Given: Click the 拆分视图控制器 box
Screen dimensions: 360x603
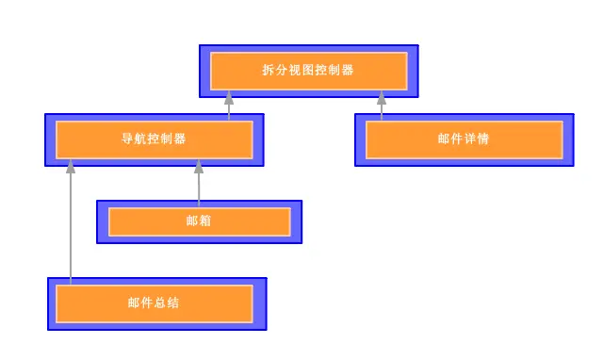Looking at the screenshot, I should [x=308, y=71].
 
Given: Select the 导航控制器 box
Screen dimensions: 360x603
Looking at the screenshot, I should [x=155, y=139].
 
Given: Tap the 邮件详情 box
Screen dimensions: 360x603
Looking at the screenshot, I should [x=464, y=139].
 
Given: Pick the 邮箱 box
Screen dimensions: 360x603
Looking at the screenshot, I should [x=199, y=221].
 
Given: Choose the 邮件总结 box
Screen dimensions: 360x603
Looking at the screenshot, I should [x=155, y=303].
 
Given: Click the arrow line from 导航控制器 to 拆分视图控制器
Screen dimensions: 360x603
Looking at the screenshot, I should [x=229, y=107].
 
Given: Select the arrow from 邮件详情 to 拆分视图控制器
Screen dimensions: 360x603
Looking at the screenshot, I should [x=382, y=107].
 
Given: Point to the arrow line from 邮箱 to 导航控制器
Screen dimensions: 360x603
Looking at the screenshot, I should [x=199, y=185].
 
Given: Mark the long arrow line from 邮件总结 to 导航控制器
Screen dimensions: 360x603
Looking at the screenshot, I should [x=71, y=226].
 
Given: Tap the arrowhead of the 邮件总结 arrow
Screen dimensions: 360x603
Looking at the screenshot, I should [x=71, y=166].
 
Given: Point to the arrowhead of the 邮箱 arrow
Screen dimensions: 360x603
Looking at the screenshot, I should [x=199, y=166].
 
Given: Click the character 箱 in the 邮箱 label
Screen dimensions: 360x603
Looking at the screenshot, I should [x=205, y=221].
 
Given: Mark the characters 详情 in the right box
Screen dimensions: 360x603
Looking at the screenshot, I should [x=477, y=139].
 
